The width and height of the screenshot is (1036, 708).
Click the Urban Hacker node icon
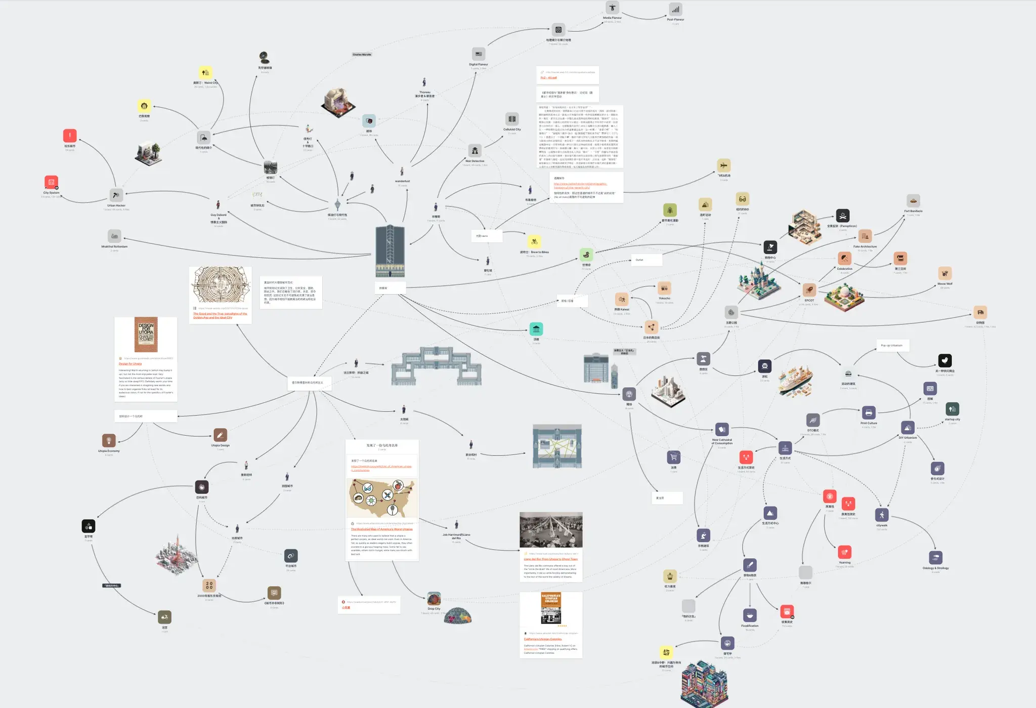[x=116, y=195]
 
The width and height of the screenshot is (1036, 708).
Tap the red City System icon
[x=51, y=182]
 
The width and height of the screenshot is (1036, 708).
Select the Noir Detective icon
[x=474, y=150]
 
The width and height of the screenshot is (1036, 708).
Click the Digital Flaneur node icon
[x=479, y=54]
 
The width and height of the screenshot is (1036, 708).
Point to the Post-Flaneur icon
[x=675, y=10]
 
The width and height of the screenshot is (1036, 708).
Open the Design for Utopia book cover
[x=146, y=335]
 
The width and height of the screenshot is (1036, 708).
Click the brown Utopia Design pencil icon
[x=220, y=435]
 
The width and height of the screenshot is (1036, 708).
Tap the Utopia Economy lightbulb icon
[x=109, y=440]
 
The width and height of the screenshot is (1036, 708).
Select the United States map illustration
[x=382, y=498]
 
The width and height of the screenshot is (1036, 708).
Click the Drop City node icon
[x=434, y=598]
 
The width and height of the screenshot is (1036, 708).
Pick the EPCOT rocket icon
[x=809, y=290]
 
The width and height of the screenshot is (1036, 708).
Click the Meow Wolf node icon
[x=944, y=273]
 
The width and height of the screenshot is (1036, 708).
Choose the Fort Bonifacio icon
[x=913, y=201]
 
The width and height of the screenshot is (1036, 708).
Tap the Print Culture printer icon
[x=869, y=412]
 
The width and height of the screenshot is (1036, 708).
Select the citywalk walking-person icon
[x=882, y=515]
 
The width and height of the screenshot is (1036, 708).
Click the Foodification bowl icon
[x=750, y=615]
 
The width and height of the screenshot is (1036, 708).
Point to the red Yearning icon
[x=844, y=552]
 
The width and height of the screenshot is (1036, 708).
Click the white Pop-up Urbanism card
[x=892, y=346]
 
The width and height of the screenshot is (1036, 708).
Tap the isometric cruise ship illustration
[x=795, y=381]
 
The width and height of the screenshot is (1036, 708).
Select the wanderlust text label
[x=402, y=181]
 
